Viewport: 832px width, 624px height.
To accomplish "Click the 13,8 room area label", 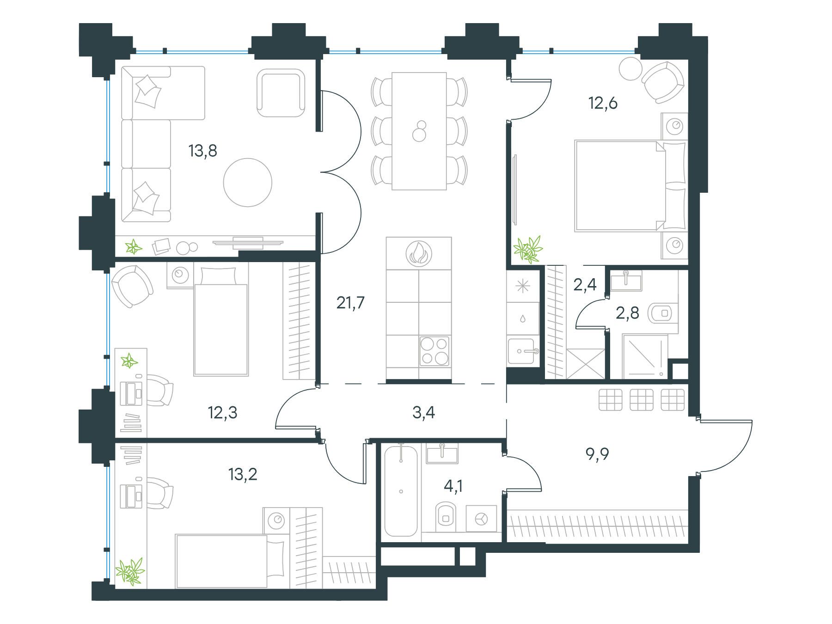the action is [203, 151].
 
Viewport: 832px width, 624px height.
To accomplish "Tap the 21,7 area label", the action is [350, 303].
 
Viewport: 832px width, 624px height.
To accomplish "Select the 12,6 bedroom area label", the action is [603, 103].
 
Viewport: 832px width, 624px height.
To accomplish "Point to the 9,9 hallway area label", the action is [597, 454].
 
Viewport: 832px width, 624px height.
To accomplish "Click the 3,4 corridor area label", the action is [423, 412].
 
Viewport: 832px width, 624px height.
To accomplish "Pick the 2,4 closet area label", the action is [585, 285].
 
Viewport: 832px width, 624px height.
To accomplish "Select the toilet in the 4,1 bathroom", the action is [446, 517].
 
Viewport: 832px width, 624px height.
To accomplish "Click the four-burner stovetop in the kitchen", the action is [434, 351].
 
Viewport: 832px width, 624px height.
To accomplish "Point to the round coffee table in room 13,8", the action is [248, 182].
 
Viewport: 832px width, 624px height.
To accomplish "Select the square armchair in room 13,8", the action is [281, 93].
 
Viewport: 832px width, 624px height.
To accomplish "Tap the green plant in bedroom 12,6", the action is [528, 249].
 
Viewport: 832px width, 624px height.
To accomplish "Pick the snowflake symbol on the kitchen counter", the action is [523, 287].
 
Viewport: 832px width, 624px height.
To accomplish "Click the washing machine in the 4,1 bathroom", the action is [481, 519].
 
